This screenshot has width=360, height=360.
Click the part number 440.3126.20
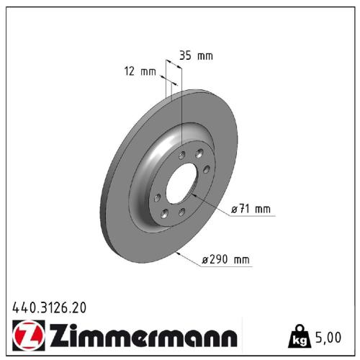click(49, 307)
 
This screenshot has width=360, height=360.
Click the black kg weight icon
click(298, 335)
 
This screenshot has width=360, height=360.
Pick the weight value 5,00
click(330, 336)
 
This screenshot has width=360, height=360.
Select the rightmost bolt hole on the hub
click(207, 169)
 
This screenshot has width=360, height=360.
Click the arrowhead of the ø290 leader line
click(177, 254)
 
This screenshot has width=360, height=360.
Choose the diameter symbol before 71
click(234, 210)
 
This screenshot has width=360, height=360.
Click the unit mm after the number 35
click(204, 55)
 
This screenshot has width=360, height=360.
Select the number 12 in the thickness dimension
click(130, 71)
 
